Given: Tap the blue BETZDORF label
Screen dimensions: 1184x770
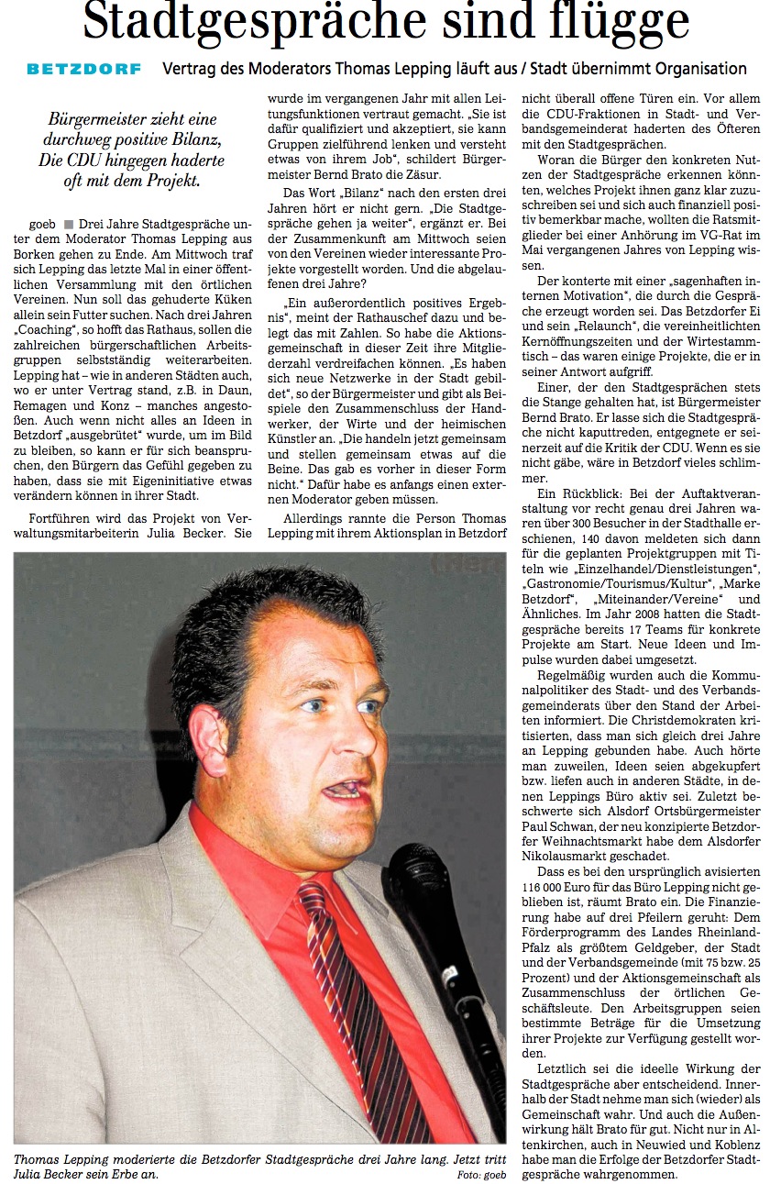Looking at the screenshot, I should click(x=84, y=69).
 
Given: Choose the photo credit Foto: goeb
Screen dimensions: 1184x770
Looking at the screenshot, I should click(x=480, y=1175).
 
